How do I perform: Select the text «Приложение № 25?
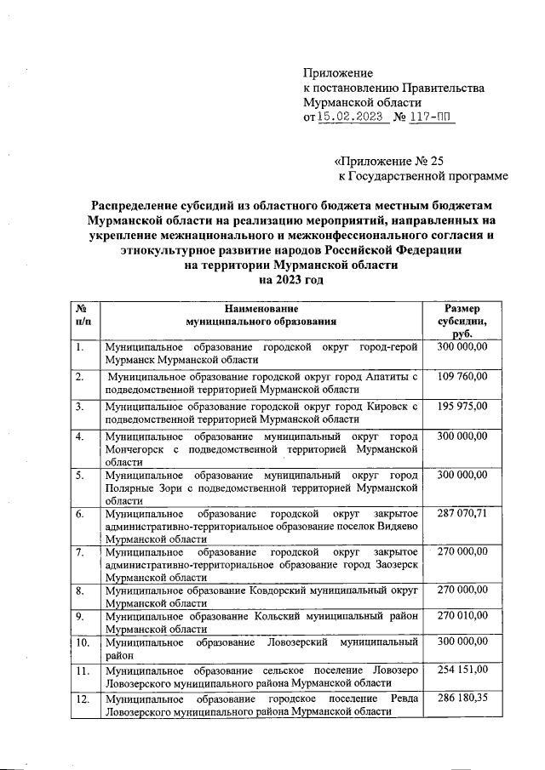point(388,159)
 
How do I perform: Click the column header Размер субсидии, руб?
point(462,322)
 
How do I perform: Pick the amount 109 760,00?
point(462,376)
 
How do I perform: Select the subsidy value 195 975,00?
point(462,406)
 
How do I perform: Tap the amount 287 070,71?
point(462,515)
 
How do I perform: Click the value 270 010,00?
point(462,614)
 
